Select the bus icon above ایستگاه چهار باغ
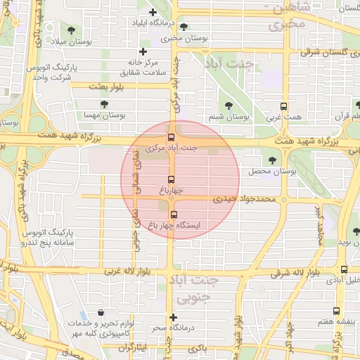(x=174, y=214)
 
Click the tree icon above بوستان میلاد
(x=72, y=29)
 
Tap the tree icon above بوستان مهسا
(x=104, y=104)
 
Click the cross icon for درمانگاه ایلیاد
(x=153, y=12)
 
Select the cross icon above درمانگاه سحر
(x=174, y=317)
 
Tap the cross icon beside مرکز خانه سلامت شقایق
(x=143, y=51)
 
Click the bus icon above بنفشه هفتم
(x=335, y=310)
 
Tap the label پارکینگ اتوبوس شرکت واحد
(x=51, y=72)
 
